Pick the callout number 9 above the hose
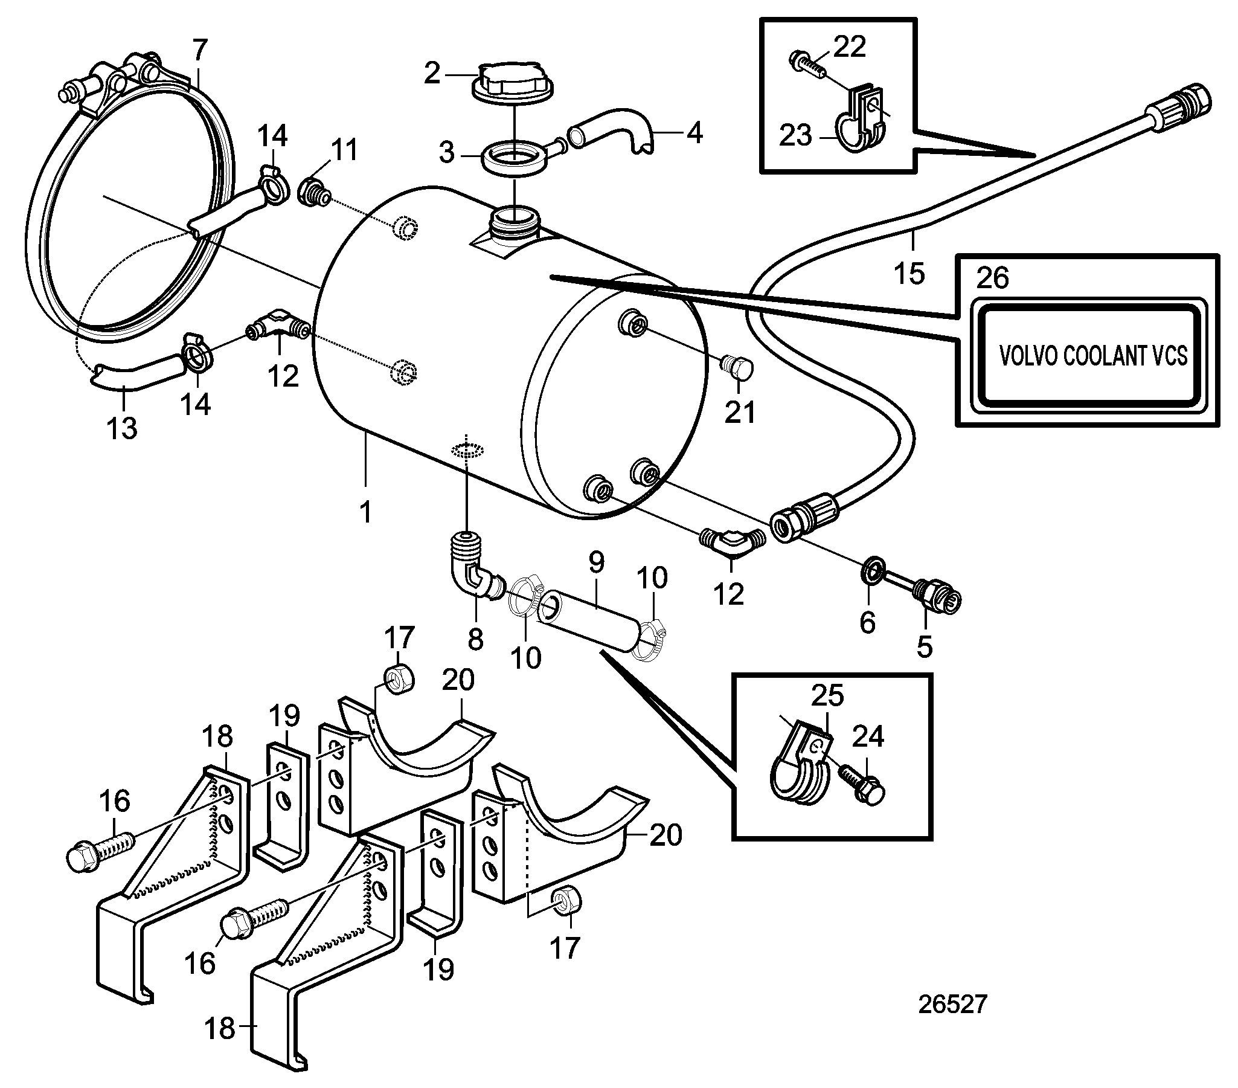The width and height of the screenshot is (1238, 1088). coord(596,564)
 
